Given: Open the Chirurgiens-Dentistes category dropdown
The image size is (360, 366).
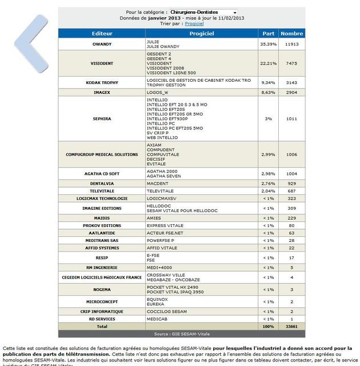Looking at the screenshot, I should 203,12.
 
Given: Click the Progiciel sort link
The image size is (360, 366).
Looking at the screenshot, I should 194,23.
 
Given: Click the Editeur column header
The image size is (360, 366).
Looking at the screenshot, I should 102,34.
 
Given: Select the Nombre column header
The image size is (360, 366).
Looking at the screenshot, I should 291,34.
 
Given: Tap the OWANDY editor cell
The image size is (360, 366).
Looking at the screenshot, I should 102,44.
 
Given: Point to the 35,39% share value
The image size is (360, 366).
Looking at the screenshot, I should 268,44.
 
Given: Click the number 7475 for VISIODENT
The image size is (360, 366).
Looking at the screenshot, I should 291,63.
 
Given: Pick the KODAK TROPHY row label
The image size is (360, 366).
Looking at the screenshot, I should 102,82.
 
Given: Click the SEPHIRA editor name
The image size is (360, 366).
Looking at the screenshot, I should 102,118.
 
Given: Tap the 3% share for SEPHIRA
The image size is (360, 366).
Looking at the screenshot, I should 268,118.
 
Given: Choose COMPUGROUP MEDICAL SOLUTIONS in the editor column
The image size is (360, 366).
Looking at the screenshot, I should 102,154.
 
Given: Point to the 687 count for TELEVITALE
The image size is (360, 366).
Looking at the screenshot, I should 291,190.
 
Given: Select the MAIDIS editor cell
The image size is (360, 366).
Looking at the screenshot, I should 102,218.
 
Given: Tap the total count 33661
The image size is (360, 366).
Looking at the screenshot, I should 291,326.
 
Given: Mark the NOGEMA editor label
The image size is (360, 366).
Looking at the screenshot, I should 102,289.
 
